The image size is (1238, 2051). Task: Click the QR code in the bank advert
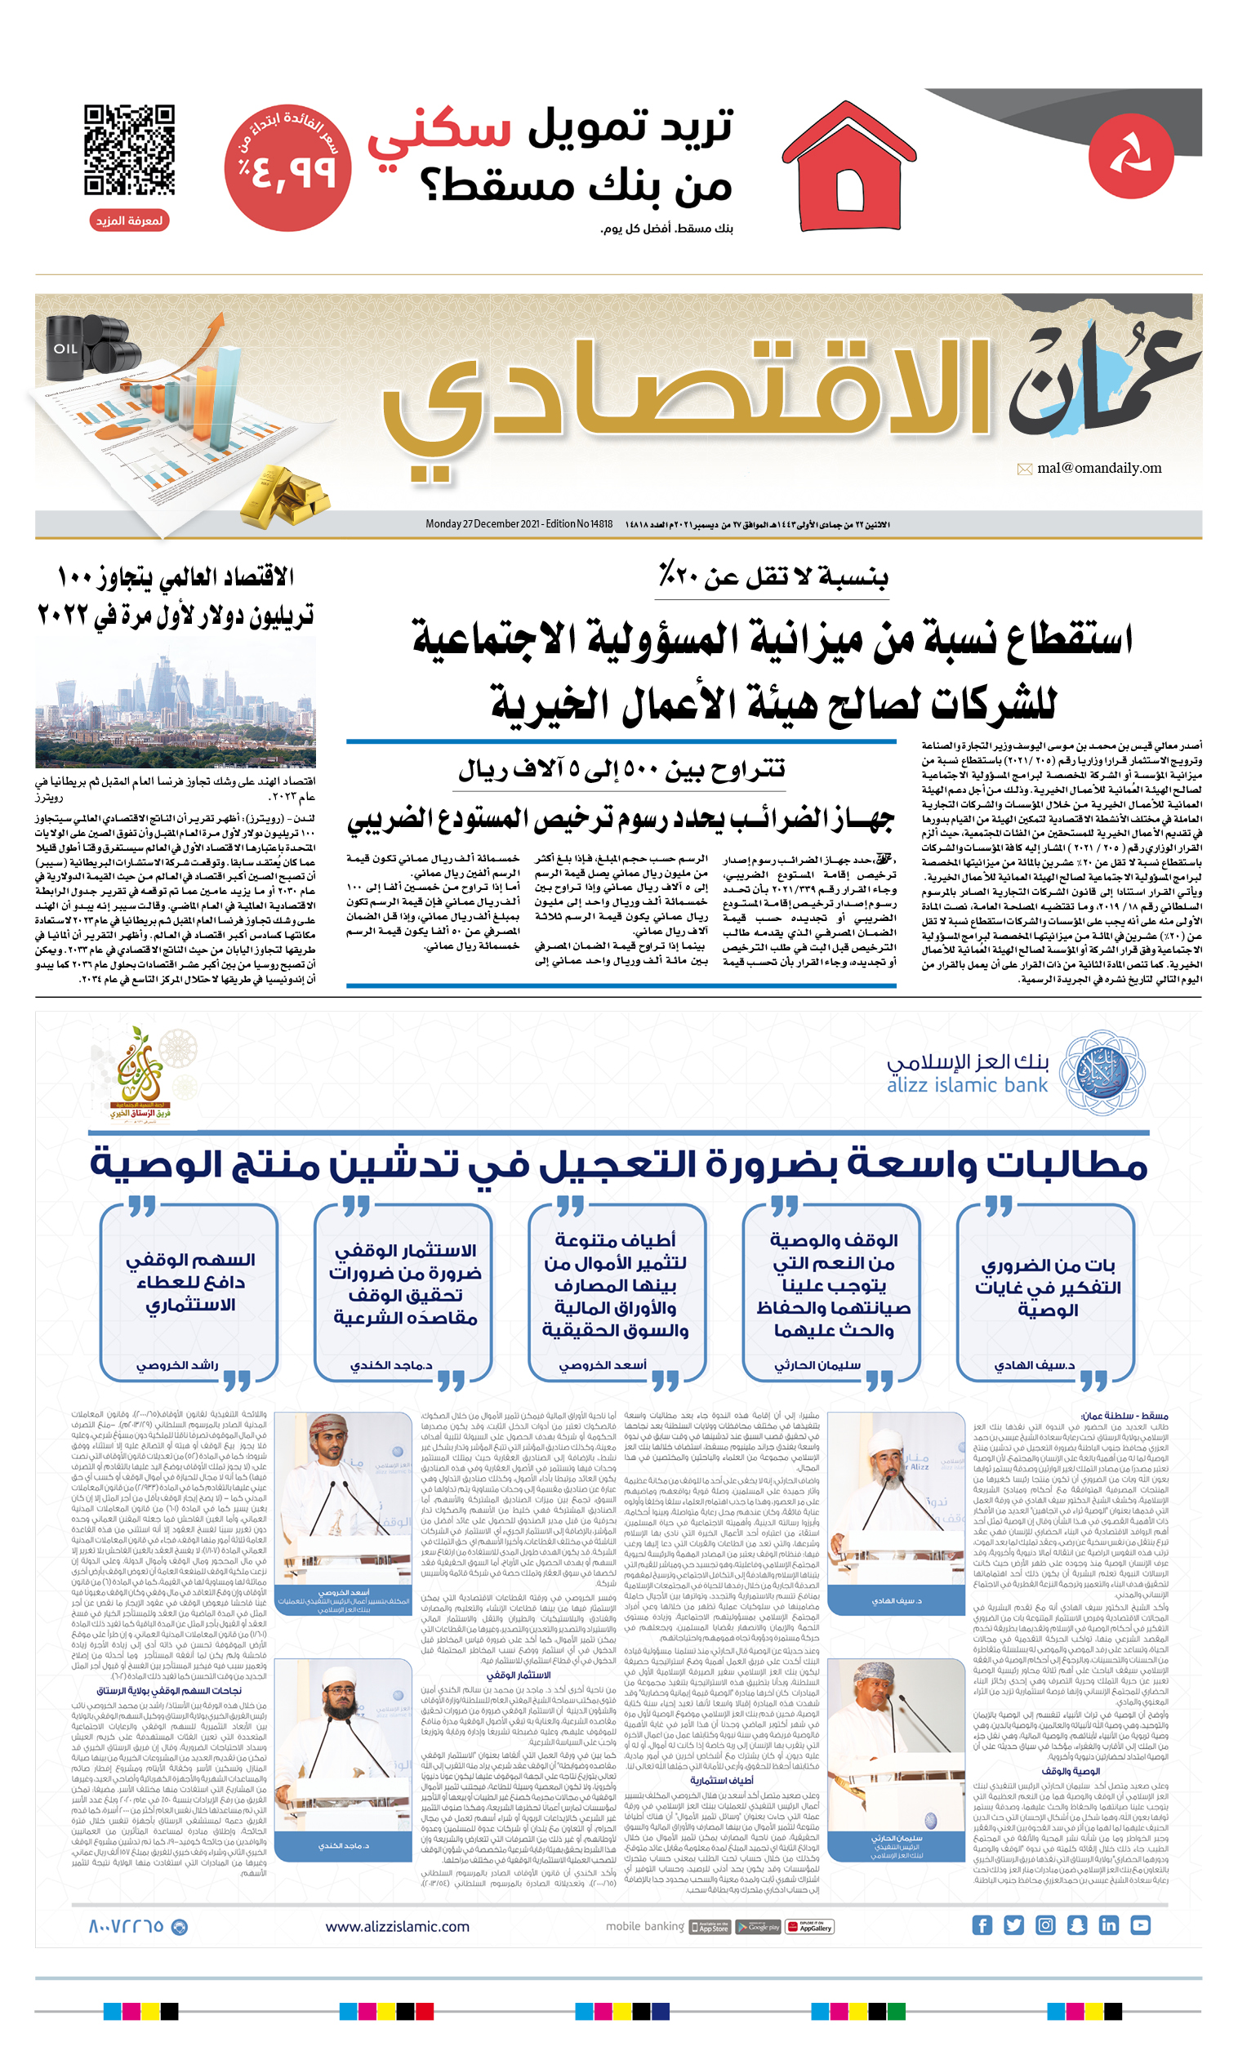129,150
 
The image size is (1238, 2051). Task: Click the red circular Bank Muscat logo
1130,156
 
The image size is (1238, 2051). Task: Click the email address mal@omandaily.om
1098,468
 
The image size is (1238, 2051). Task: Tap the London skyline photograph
176,703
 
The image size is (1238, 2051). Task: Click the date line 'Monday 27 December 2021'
519,524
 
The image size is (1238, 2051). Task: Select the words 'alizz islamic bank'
967,1085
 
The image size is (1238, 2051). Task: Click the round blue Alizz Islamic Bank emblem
1102,1072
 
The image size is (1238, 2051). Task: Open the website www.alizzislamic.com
397,1927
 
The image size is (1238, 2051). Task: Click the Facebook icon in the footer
982,1926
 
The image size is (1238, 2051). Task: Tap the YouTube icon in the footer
1140,1926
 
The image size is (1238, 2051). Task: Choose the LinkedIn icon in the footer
1108,1926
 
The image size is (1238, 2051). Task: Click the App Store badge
710,1927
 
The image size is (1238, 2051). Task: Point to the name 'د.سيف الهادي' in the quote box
1034,1365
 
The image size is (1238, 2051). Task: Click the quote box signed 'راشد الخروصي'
189,1291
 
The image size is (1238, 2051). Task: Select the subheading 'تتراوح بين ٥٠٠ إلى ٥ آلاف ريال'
621,770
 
